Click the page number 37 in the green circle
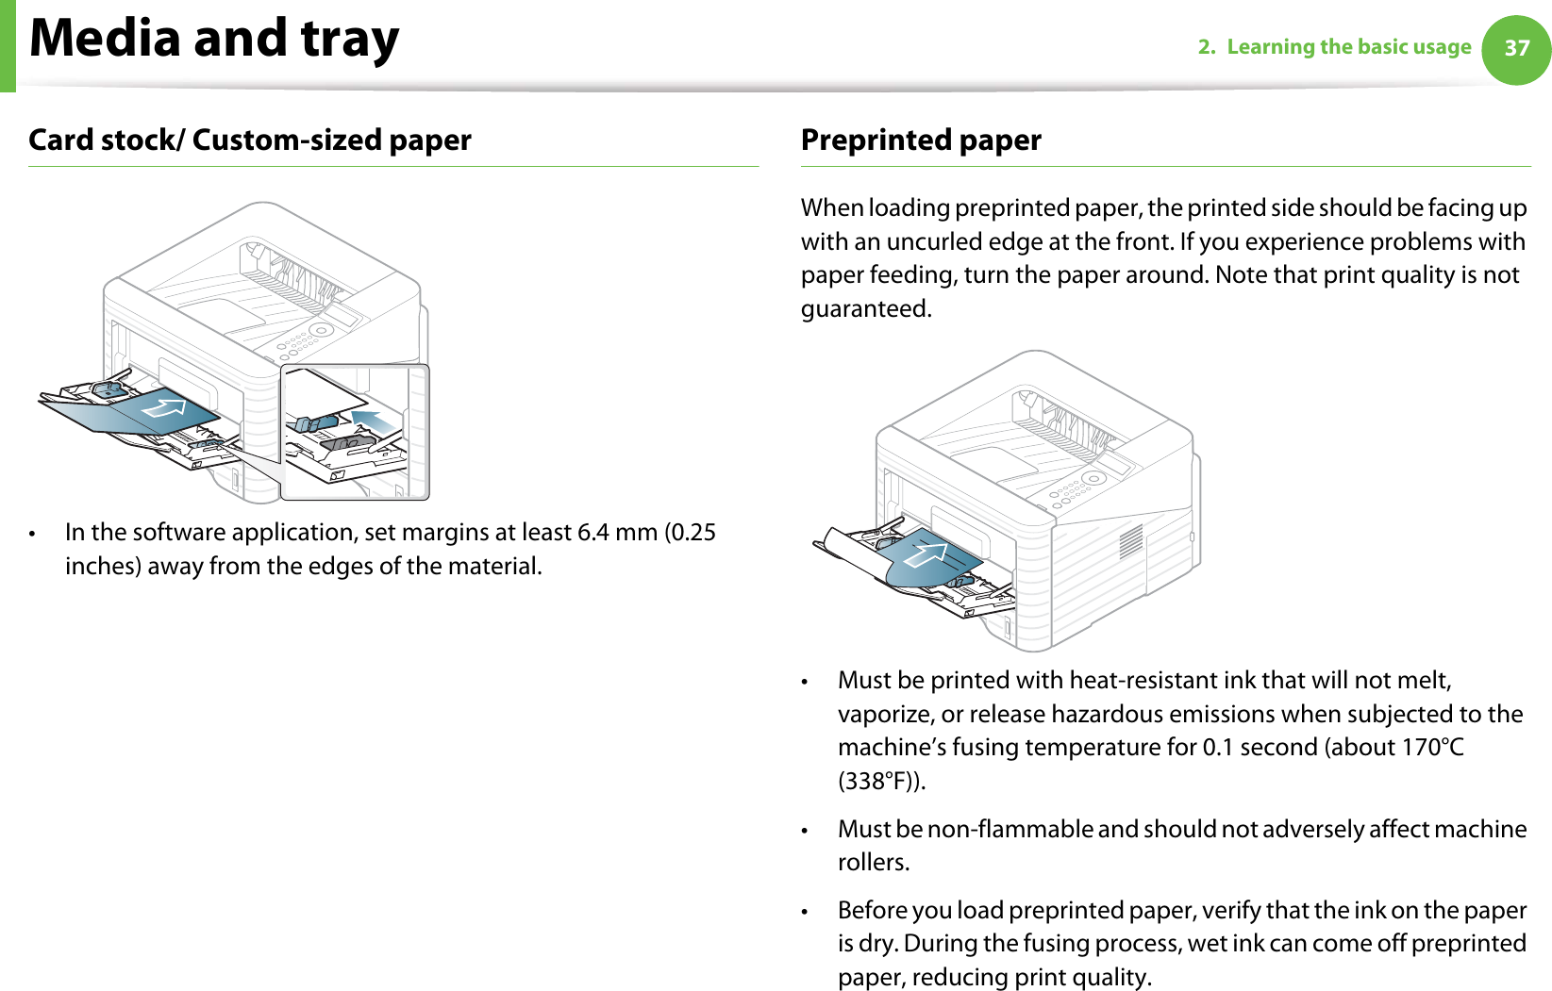1516,48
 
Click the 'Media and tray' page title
214,39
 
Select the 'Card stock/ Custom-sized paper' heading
250,140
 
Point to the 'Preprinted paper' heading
921,140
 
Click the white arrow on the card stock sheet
166,408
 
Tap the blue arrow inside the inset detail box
375,421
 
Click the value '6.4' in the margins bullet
592,533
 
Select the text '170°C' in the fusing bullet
1432,748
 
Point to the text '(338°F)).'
882,782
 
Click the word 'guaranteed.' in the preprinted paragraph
866,309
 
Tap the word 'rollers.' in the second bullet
874,863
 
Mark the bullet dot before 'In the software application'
33,534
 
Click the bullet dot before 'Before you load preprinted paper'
805,912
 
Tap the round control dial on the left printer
320,331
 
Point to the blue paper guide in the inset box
315,423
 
